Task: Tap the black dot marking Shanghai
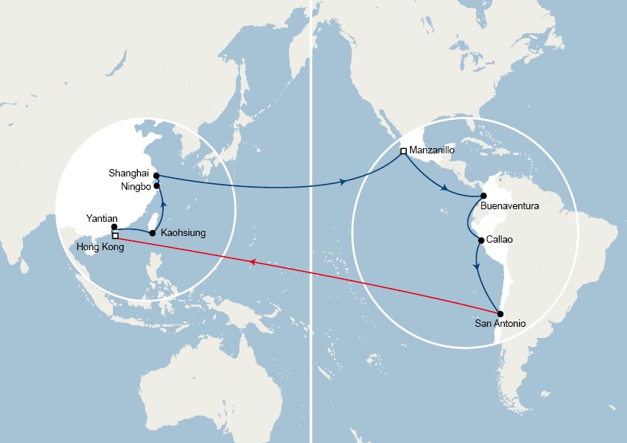click(x=156, y=176)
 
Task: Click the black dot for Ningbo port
click(x=157, y=186)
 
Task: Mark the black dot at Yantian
click(x=114, y=227)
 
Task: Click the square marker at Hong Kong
click(x=115, y=236)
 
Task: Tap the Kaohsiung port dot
click(x=153, y=233)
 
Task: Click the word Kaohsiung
click(x=183, y=233)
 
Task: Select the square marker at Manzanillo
click(x=404, y=151)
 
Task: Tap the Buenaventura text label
click(x=510, y=205)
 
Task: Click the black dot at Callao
click(x=481, y=240)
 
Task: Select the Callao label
click(x=500, y=240)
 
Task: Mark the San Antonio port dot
click(x=500, y=314)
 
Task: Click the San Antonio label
click(x=500, y=325)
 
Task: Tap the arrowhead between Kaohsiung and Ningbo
click(x=162, y=203)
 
